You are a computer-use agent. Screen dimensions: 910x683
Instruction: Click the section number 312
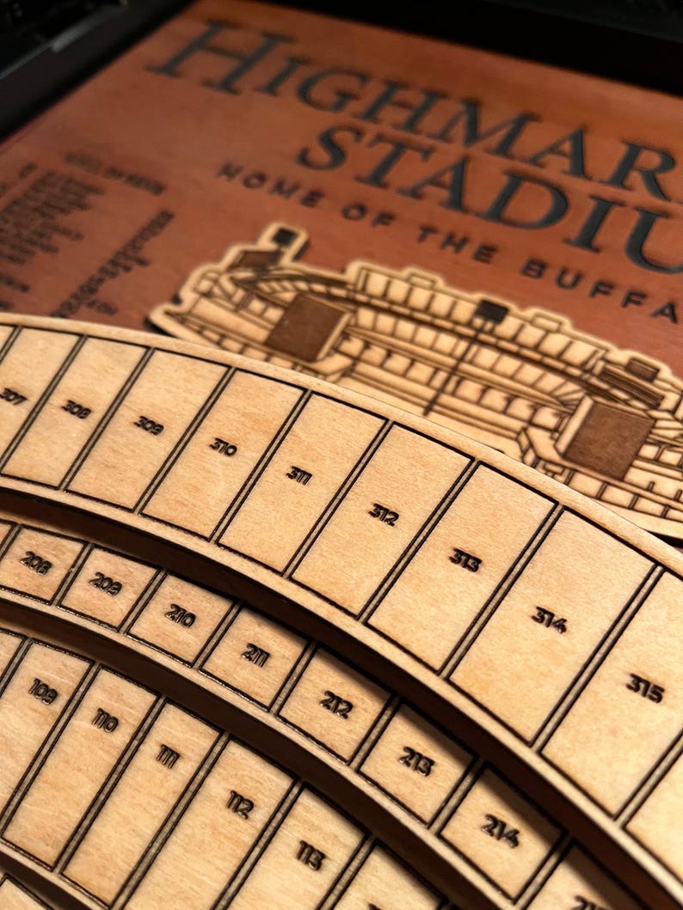click(384, 514)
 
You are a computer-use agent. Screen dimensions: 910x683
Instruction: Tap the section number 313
click(465, 559)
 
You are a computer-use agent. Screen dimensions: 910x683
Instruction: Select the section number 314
click(549, 619)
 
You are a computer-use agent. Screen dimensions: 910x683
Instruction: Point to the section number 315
click(644, 687)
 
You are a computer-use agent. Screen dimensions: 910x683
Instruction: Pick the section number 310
click(223, 446)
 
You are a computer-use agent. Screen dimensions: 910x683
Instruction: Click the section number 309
click(148, 424)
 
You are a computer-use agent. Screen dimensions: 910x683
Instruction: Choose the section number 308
click(77, 409)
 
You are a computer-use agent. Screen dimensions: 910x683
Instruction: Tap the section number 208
click(35, 563)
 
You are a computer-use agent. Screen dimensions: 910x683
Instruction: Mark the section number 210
click(180, 615)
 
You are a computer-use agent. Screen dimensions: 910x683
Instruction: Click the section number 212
click(336, 704)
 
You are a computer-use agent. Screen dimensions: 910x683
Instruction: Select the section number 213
click(415, 760)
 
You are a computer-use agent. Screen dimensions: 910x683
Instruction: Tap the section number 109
click(42, 690)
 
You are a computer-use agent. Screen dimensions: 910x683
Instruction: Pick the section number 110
click(105, 719)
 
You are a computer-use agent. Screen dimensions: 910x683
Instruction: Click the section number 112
click(240, 803)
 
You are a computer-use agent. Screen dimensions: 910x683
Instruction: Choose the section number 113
click(311, 854)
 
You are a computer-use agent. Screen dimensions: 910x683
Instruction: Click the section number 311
click(298, 475)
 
